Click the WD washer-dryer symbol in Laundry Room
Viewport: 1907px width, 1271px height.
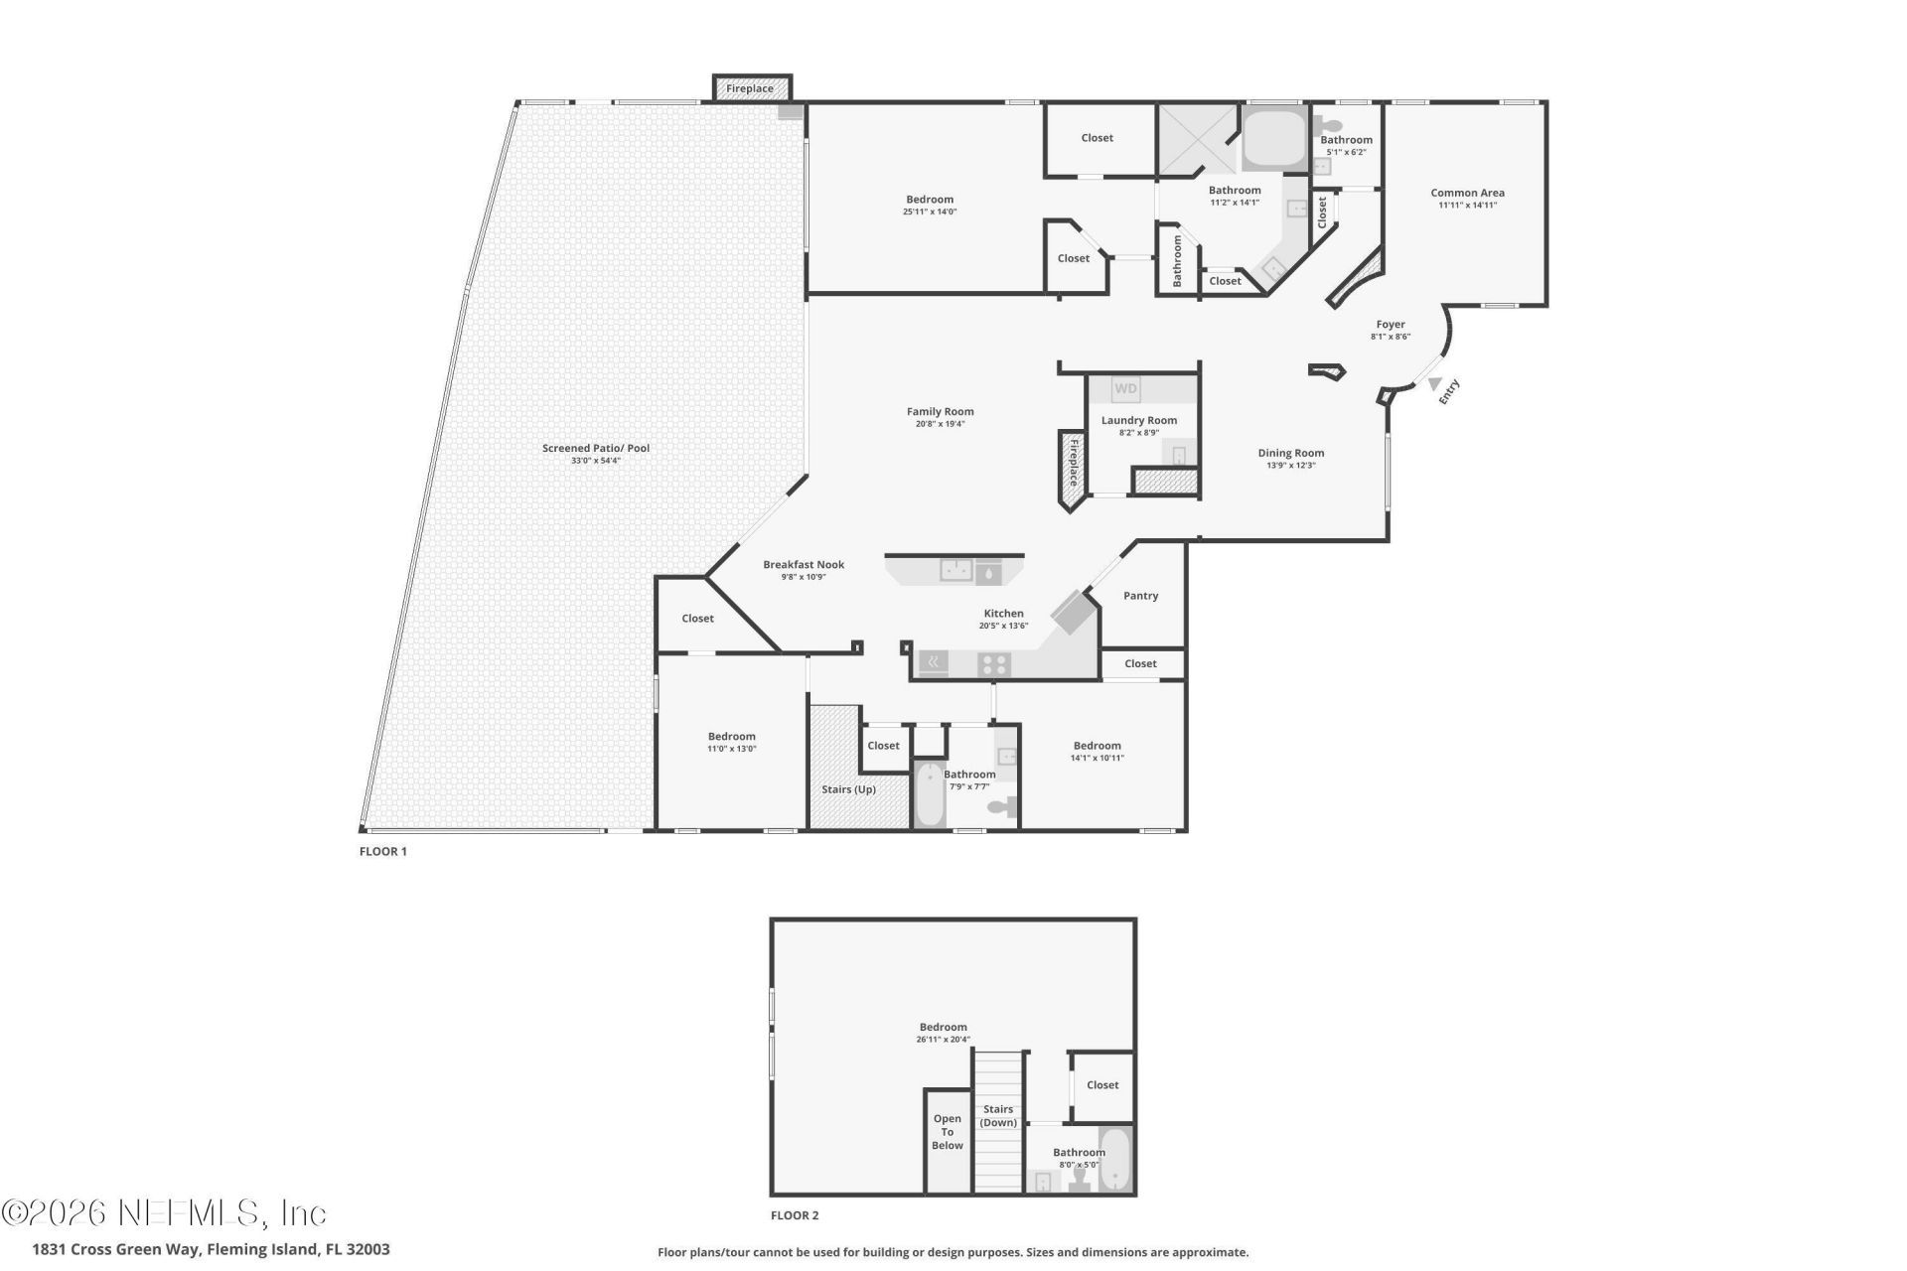coord(1125,389)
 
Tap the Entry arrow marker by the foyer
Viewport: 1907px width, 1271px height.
coord(1434,383)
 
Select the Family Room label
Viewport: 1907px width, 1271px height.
coord(940,411)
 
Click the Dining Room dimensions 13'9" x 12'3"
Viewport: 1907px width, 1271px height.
coord(1290,466)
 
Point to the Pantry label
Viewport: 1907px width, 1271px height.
coord(1140,596)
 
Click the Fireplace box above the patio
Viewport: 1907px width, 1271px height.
coord(752,88)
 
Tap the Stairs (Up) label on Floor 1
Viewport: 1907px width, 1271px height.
coord(848,789)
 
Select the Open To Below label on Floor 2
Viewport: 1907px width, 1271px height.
coord(947,1132)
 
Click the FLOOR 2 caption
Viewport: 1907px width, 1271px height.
coord(795,1215)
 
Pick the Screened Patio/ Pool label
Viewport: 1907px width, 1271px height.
coord(595,448)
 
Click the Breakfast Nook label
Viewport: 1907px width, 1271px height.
coord(803,564)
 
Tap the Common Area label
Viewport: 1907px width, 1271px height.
coord(1467,193)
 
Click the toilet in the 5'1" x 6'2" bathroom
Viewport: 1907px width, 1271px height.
coord(1328,127)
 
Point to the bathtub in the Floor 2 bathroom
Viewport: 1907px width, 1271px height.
coord(1115,1160)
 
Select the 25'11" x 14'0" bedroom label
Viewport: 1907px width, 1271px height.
coord(929,200)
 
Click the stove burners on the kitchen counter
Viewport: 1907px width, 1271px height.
coord(993,664)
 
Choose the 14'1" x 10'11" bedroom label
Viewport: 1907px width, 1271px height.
coord(1097,746)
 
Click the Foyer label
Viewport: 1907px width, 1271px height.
coord(1390,325)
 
